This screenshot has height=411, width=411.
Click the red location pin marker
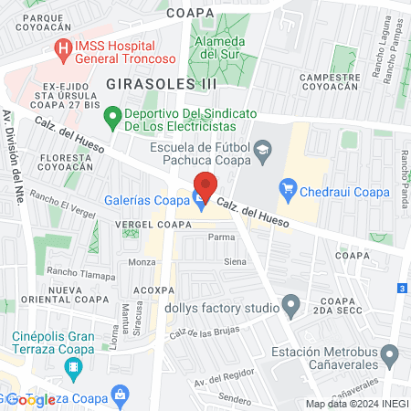[x=205, y=185]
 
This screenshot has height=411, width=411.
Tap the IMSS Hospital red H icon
[x=63, y=48]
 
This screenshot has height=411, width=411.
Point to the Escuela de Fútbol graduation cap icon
[x=263, y=149]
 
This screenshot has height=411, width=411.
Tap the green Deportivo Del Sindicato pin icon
[x=112, y=116]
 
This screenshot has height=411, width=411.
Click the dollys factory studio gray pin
[x=290, y=304]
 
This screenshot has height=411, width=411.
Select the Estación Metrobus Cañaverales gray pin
[x=391, y=352]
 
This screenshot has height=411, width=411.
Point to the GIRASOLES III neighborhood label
[x=162, y=83]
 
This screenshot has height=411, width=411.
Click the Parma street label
[x=221, y=237]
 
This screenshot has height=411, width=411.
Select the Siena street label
[x=235, y=262]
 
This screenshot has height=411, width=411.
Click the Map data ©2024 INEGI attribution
[x=355, y=404]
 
